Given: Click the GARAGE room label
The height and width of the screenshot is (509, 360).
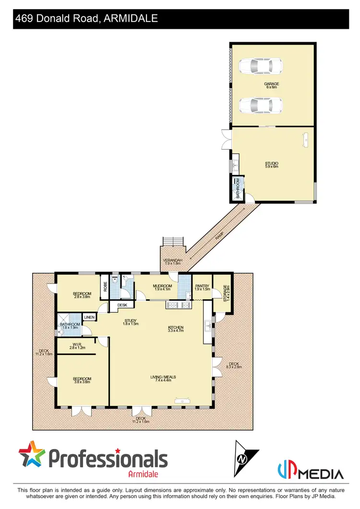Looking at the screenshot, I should [x=271, y=85].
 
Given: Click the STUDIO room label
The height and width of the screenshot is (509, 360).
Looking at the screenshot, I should [x=272, y=165].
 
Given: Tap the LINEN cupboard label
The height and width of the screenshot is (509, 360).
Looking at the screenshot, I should [x=89, y=317].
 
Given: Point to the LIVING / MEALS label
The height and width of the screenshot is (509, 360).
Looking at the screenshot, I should [x=163, y=379].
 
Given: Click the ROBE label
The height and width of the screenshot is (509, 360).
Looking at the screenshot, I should [x=105, y=286].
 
